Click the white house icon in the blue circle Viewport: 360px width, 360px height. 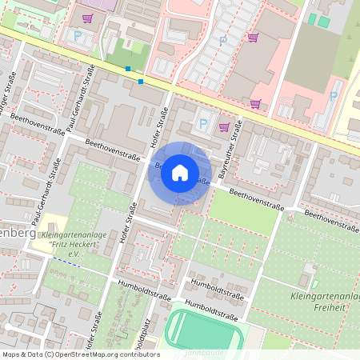180,173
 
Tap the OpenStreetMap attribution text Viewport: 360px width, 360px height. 80,354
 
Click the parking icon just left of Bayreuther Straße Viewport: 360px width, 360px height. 202,125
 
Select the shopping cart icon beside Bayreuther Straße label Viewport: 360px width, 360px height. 224,126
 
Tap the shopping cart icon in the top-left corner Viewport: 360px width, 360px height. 86,18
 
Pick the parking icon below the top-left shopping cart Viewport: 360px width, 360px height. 78,35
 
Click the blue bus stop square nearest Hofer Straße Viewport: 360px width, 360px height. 141,81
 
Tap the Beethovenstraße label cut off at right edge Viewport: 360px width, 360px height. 331,220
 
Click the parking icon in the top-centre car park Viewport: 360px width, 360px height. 223,39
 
